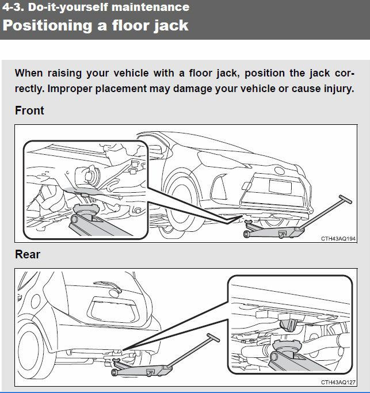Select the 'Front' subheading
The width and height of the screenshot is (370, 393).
point(29,110)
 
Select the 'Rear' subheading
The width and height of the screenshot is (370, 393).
point(28,254)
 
